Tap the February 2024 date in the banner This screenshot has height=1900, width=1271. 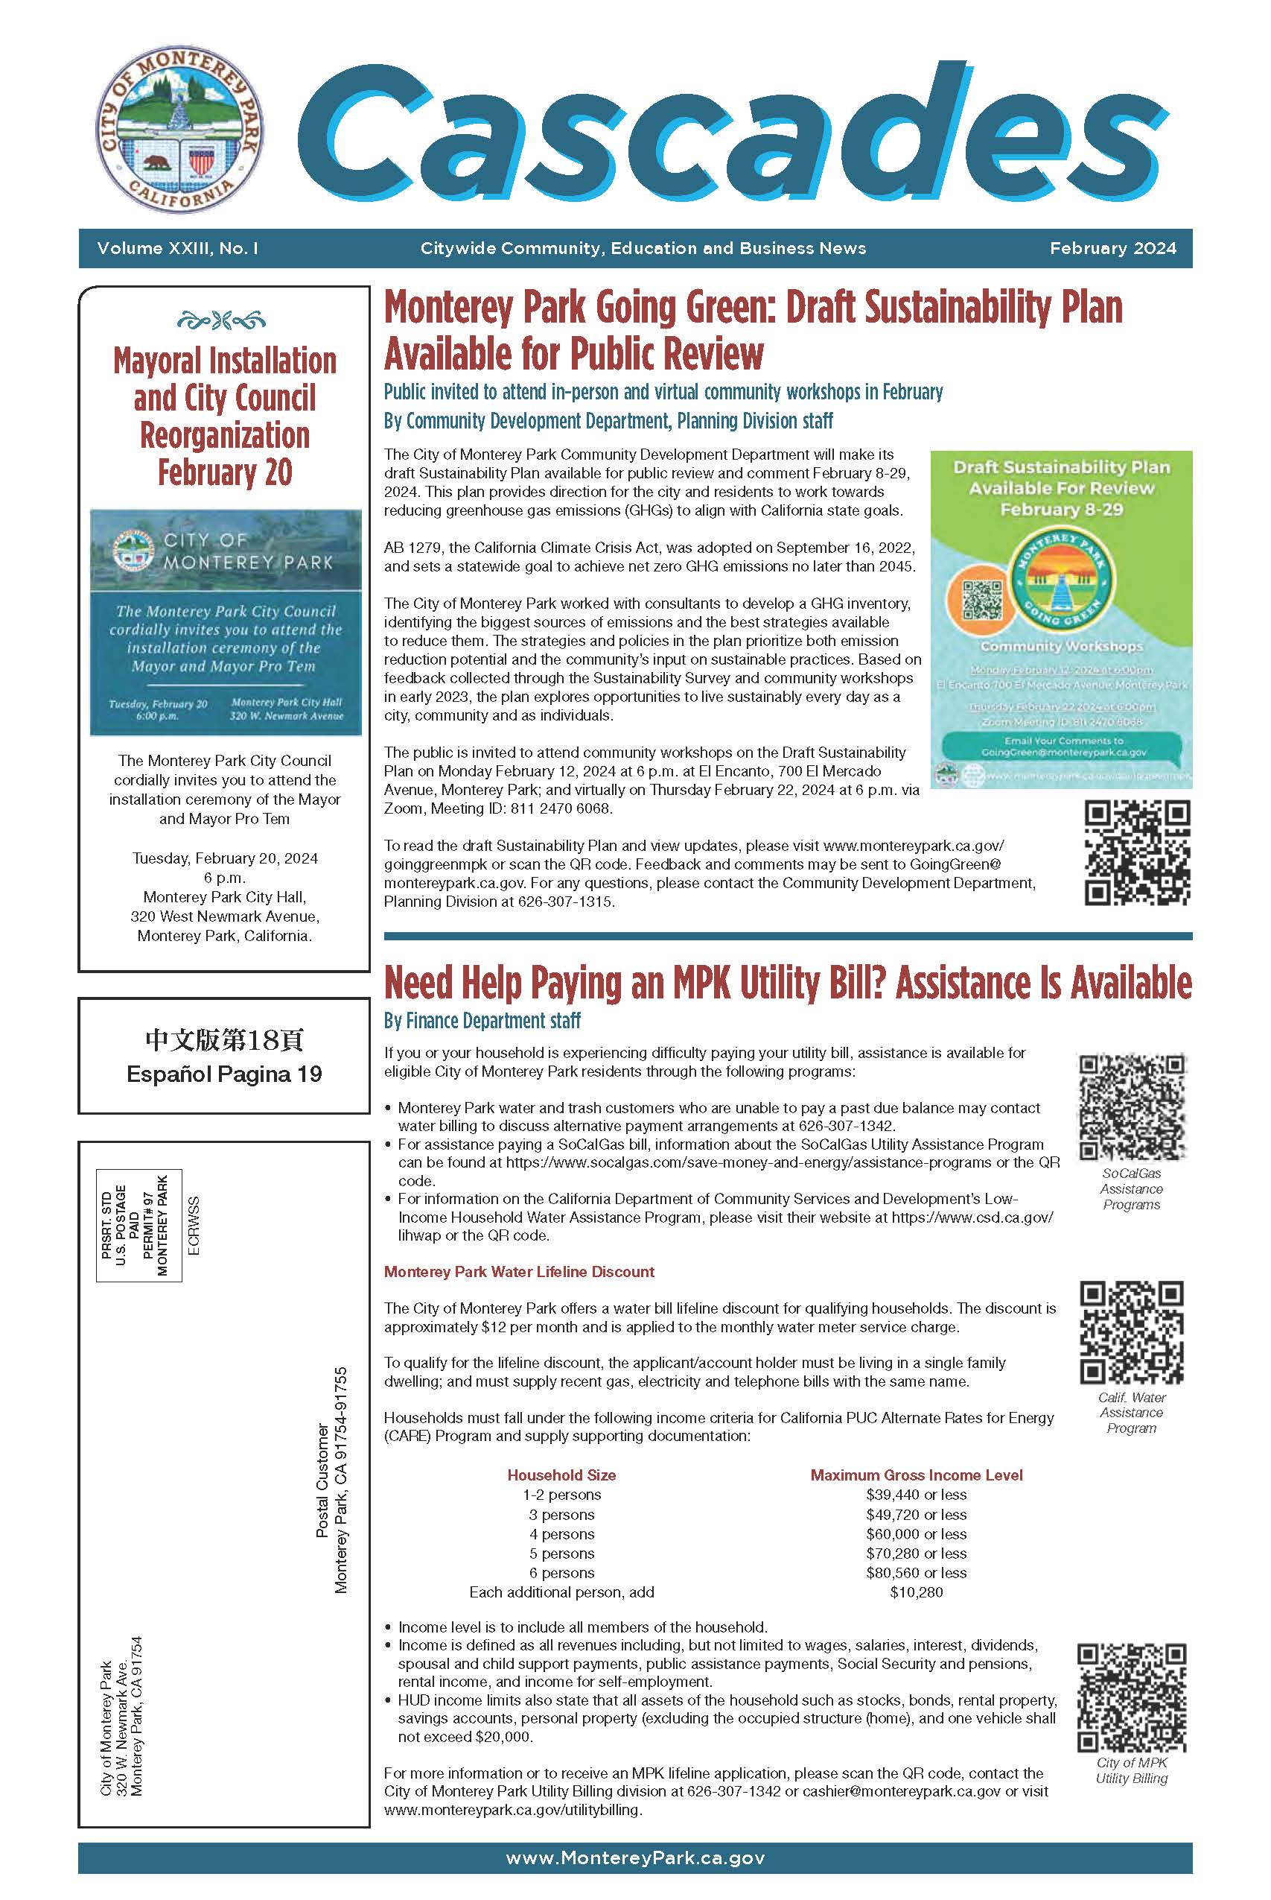(x=1112, y=248)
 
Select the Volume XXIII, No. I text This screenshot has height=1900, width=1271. (x=177, y=248)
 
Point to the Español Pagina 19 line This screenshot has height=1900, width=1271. (x=225, y=1074)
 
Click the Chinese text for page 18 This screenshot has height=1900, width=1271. (x=225, y=1039)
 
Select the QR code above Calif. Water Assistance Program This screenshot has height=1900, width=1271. (x=1132, y=1332)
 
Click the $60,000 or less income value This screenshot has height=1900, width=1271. (x=916, y=1534)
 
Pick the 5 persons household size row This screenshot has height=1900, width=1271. (x=561, y=1554)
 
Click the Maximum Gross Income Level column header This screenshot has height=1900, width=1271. (x=916, y=1475)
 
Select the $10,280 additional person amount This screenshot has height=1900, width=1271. (x=916, y=1592)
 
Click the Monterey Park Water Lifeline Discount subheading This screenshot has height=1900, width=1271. (x=519, y=1273)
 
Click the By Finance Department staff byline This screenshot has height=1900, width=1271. (x=482, y=1021)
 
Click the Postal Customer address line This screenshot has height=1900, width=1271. (x=322, y=1480)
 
